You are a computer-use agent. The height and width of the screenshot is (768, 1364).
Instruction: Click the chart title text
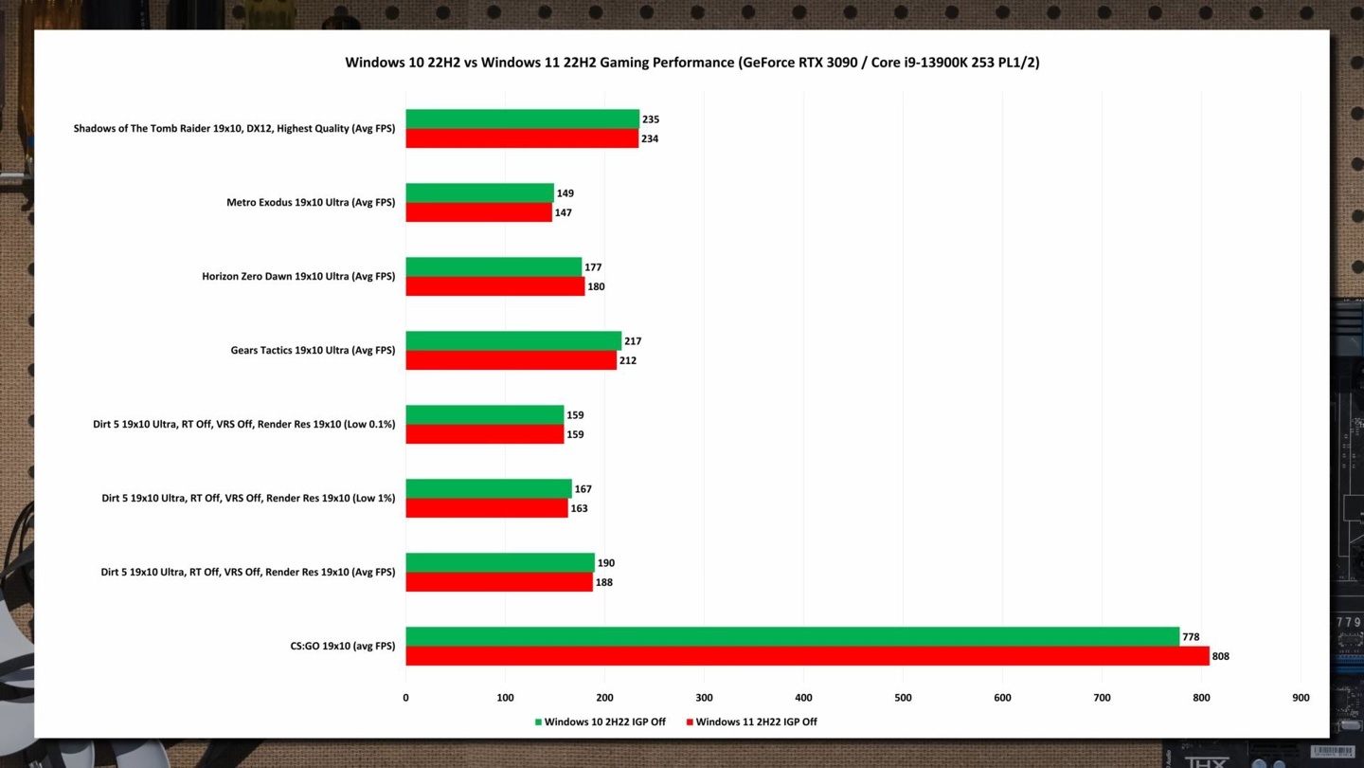point(691,63)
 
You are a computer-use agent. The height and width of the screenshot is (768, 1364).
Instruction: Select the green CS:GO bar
point(792,636)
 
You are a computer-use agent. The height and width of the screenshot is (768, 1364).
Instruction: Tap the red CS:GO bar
point(807,656)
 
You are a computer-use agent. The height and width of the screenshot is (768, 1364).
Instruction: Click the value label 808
point(1220,656)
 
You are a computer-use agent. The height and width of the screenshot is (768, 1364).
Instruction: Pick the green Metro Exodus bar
point(479,193)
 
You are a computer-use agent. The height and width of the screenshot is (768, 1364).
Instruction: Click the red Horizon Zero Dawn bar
point(495,286)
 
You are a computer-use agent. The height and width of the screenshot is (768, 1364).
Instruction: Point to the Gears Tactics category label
point(313,351)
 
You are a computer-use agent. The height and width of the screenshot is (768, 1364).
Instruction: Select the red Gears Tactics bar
point(511,360)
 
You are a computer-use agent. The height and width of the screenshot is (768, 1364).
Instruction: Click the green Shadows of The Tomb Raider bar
point(523,119)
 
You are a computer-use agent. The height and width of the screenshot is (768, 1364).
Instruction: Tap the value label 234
point(649,139)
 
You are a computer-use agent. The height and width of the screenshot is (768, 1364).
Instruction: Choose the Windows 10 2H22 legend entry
point(600,722)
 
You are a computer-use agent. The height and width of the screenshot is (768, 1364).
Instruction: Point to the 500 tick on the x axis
point(903,698)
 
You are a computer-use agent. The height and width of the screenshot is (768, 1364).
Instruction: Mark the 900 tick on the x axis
point(1301,698)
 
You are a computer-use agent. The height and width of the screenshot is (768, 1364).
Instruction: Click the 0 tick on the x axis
point(406,698)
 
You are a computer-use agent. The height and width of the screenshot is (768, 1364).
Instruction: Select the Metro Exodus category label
point(311,203)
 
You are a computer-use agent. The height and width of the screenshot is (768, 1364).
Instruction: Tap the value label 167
point(583,489)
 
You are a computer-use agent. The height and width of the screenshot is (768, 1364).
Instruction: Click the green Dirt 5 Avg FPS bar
point(500,563)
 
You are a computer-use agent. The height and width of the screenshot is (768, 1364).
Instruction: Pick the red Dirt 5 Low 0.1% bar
point(485,434)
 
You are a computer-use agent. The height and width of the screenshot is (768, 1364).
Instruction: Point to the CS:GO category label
point(342,647)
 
